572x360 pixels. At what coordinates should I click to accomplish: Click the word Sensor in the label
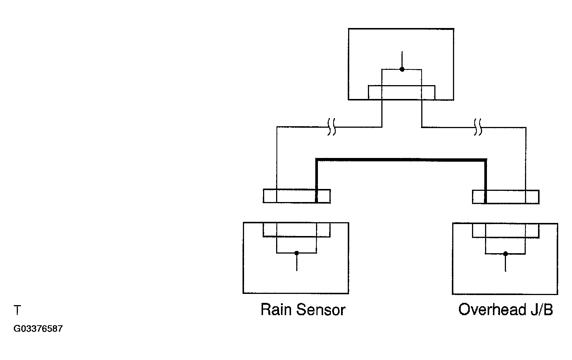[321, 310]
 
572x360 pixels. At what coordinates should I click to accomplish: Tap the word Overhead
[493, 310]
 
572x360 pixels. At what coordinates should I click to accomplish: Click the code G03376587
[38, 329]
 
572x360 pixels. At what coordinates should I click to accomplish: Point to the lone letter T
[17, 310]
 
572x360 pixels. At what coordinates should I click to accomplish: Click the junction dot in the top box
[402, 69]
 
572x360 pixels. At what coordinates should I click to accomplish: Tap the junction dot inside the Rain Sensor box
[297, 253]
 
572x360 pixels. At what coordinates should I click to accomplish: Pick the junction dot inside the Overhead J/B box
[505, 254]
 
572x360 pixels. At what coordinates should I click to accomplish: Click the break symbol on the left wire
[331, 127]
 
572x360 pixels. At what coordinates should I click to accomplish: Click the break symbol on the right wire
[478, 127]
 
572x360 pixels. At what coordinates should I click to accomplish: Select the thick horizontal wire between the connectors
[401, 160]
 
